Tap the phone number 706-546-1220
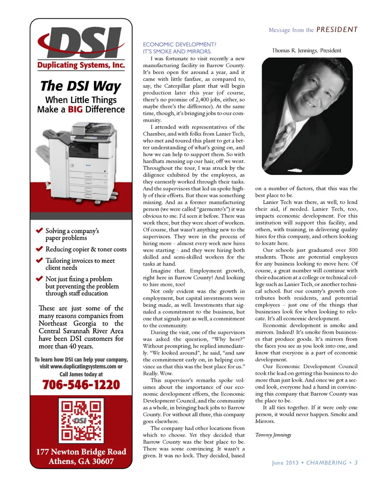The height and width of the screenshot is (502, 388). (81, 384)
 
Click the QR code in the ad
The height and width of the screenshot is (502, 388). (81, 420)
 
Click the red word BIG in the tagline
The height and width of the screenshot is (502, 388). (75, 110)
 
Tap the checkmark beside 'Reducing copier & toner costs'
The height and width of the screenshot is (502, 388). (39, 249)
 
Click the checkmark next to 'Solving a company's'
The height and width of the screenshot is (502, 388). (39, 230)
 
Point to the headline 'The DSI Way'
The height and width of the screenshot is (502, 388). (80, 86)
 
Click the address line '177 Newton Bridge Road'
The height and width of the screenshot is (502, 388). (81, 451)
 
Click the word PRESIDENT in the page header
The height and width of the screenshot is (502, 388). (337, 30)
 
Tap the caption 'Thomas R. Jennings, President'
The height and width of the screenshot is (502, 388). (306, 51)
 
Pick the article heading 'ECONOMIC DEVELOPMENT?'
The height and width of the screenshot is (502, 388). (179, 44)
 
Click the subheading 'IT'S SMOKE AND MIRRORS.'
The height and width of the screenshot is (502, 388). (177, 51)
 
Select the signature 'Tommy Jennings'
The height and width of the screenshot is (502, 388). (273, 435)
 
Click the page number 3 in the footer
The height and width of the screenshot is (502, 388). (356, 463)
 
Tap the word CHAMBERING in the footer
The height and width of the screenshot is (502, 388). (326, 463)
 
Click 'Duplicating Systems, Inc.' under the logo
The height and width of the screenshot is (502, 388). (81, 65)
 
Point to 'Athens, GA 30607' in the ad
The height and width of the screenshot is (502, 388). (81, 461)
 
